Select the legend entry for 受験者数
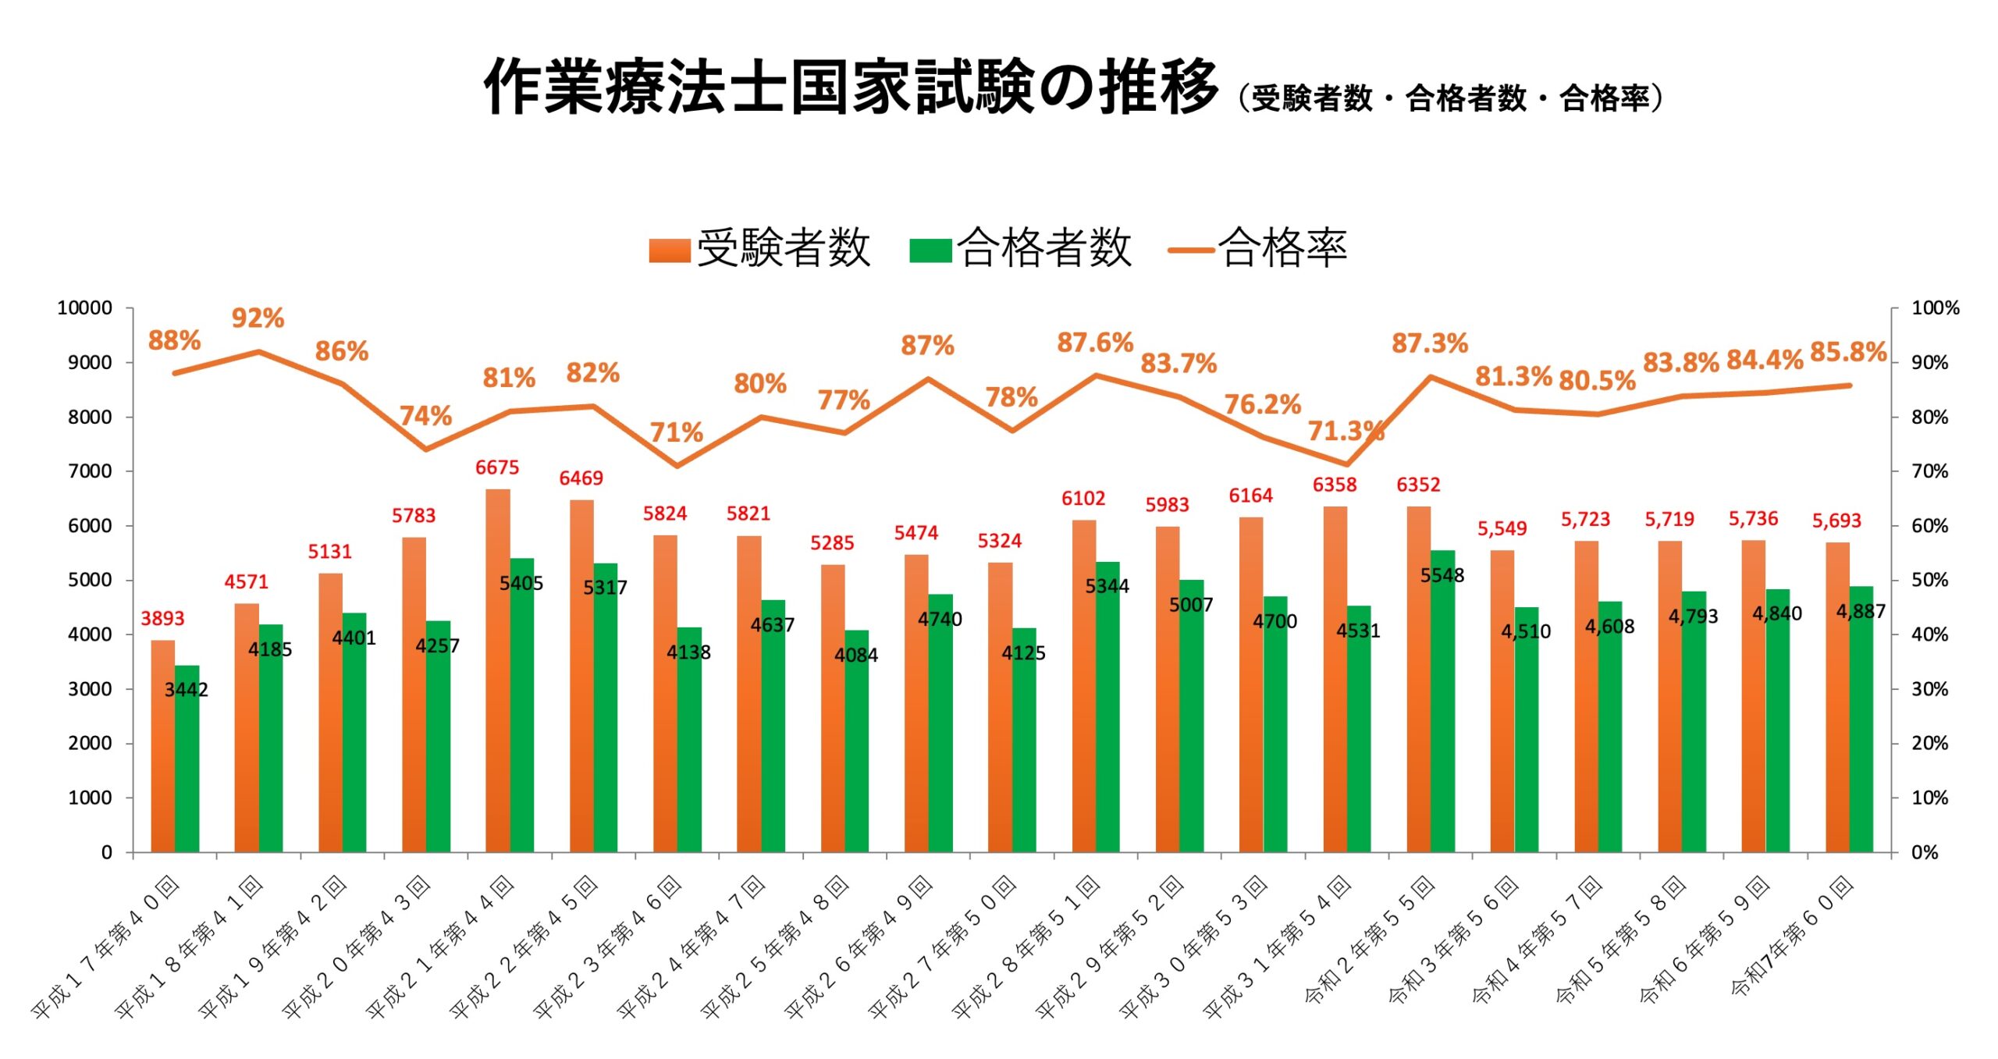tap(760, 249)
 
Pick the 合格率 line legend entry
tap(1258, 249)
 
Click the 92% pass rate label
tap(258, 318)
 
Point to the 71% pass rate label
tap(676, 432)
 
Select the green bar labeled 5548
tap(1442, 702)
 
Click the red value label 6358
tap(1335, 485)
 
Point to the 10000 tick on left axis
tap(84, 308)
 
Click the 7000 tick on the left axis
tap(90, 471)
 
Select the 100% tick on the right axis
tap(1935, 308)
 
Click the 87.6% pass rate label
tap(1094, 343)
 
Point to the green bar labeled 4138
tap(689, 741)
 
